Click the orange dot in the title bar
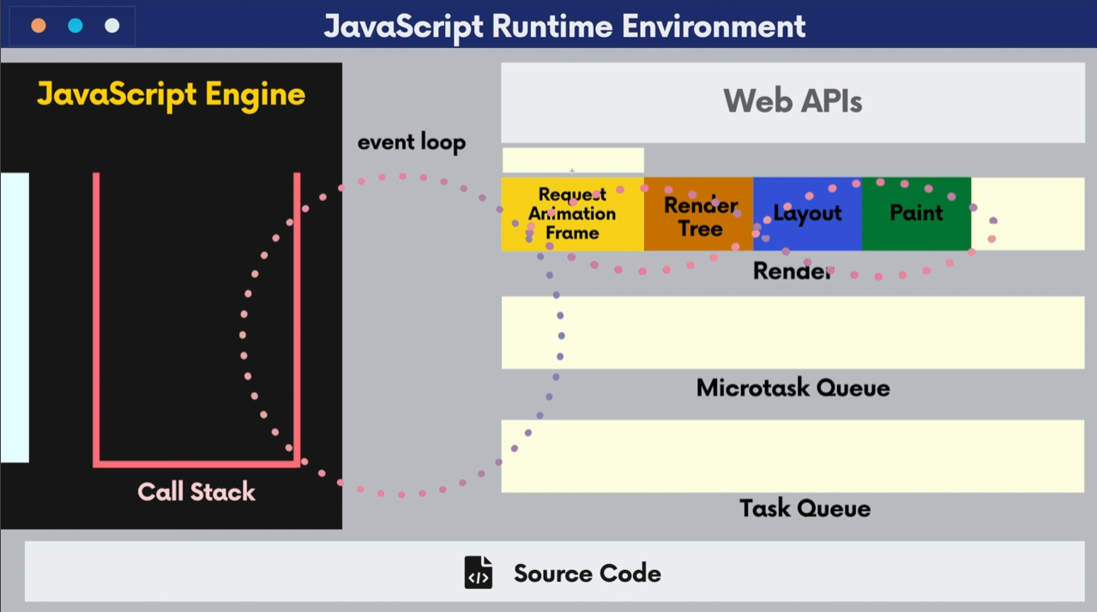(39, 26)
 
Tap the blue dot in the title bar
(75, 26)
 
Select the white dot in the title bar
(112, 26)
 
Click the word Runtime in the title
(552, 26)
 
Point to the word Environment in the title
(714, 26)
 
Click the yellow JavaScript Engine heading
(171, 94)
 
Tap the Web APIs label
(793, 101)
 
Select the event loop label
(412, 142)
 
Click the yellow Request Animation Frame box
(572, 214)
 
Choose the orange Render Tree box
(699, 214)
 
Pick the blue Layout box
(808, 214)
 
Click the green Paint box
(916, 214)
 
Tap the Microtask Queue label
(793, 388)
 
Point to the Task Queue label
(805, 508)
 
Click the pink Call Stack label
(196, 491)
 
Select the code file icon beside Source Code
(479, 572)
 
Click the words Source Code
(588, 573)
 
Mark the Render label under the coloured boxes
(793, 271)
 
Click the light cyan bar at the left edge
(15, 317)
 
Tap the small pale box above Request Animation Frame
(573, 160)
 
